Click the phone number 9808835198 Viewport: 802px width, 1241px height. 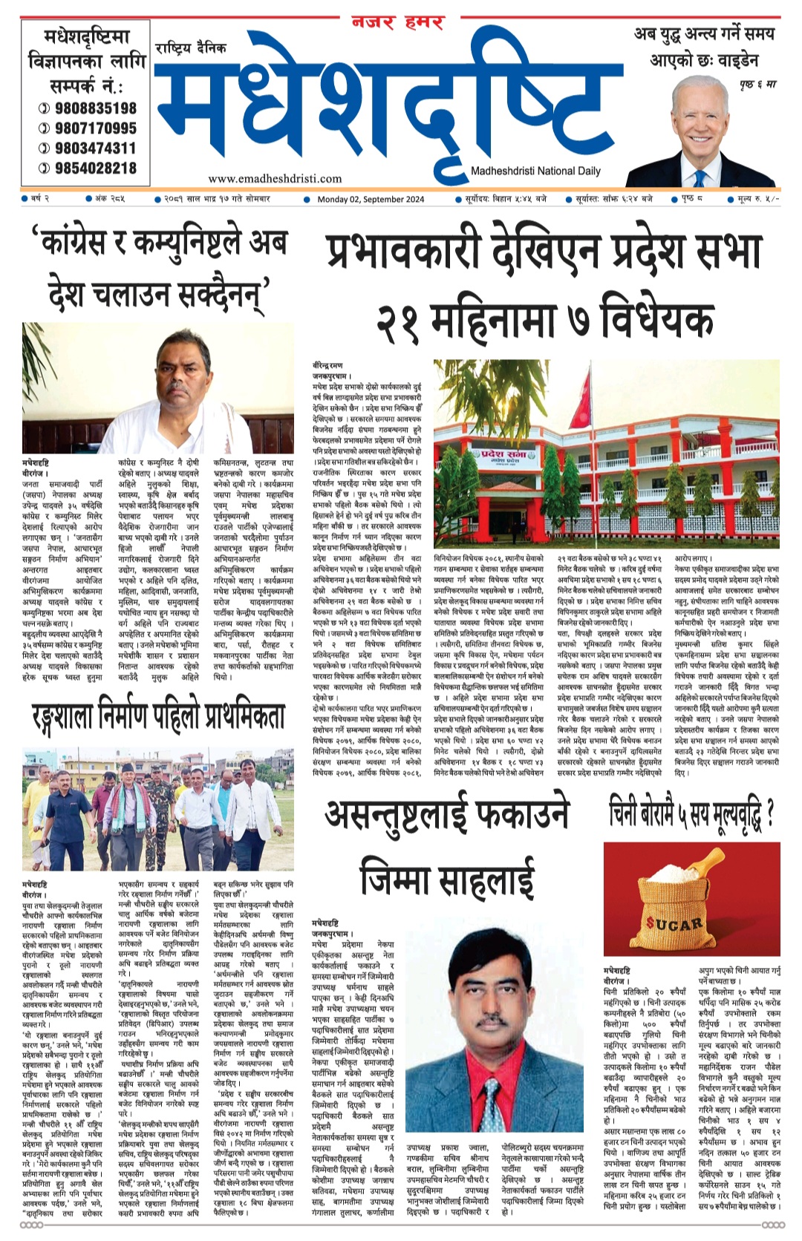(95, 108)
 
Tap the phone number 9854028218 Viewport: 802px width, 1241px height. (95, 168)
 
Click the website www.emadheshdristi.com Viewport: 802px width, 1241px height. (275, 178)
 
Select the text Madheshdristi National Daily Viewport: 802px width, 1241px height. (535, 171)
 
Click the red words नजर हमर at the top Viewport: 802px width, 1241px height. (397, 23)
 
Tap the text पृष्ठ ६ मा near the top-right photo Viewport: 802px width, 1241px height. (757, 84)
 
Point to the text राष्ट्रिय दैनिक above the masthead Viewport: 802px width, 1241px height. (191, 49)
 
